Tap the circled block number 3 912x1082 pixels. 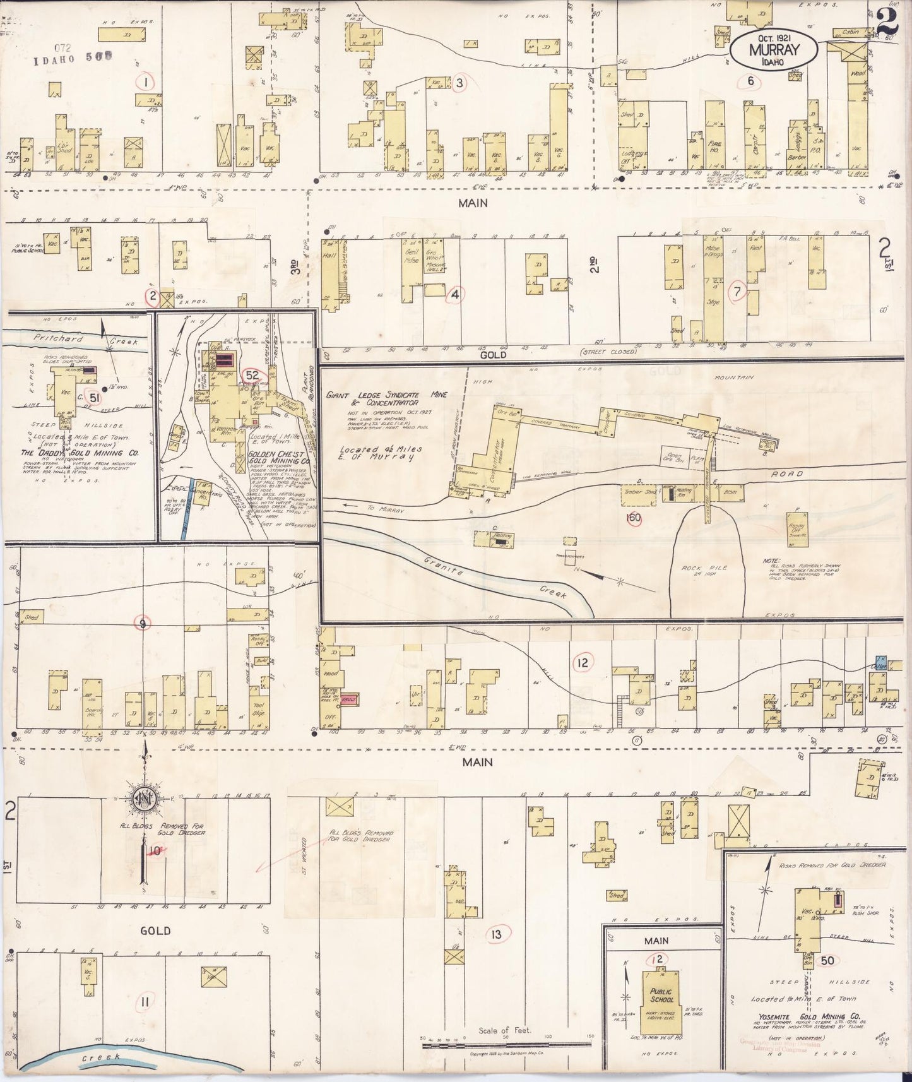pos(459,83)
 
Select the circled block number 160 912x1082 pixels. pos(633,518)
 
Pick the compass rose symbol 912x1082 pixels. pos(144,799)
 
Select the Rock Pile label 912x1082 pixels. pos(704,571)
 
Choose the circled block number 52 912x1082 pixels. pos(252,375)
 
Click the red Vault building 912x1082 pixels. pos(348,700)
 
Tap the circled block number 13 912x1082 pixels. pos(497,934)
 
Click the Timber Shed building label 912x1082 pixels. pos(639,492)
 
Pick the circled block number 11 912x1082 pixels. pos(145,1001)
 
